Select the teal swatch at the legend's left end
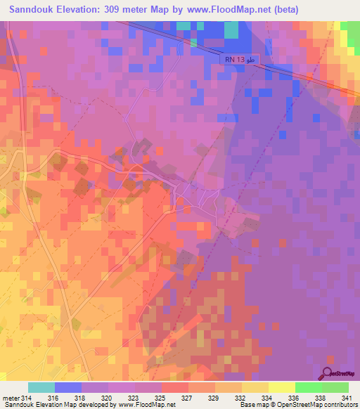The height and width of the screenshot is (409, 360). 41,387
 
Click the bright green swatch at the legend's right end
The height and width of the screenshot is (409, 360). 335,387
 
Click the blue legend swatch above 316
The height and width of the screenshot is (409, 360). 68,387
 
